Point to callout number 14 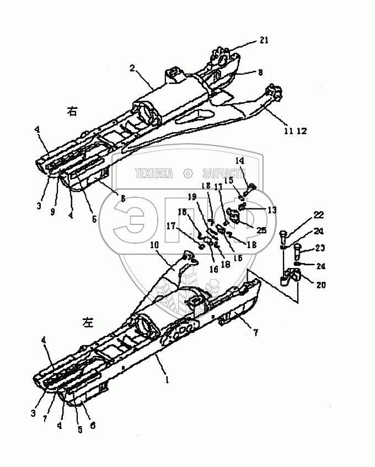coord(240,160)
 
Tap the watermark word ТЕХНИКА coord(154,173)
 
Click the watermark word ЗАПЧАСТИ coord(223,173)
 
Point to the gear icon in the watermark coord(188,173)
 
